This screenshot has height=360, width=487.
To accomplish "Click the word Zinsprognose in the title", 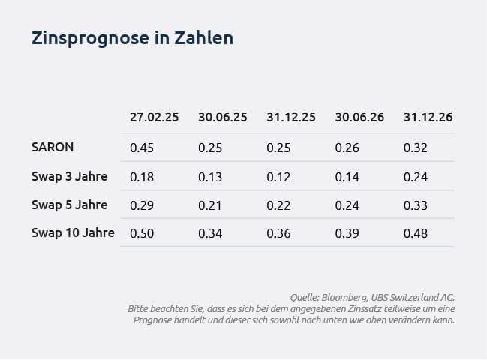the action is pyautogui.click(x=90, y=38).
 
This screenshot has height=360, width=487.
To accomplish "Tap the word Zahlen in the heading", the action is pyautogui.click(x=204, y=37).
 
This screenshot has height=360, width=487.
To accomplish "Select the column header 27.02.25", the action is pyautogui.click(x=155, y=117).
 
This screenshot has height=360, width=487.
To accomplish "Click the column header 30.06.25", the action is pyautogui.click(x=223, y=117).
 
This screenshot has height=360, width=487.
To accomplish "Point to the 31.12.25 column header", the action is pyautogui.click(x=291, y=117).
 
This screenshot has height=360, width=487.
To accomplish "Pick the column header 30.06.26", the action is pyautogui.click(x=359, y=117).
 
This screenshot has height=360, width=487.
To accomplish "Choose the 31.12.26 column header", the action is pyautogui.click(x=428, y=117).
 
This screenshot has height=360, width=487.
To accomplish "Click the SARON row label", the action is pyautogui.click(x=53, y=147).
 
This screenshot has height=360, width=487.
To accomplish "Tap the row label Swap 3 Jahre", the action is pyautogui.click(x=69, y=176).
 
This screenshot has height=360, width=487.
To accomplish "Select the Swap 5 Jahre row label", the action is pyautogui.click(x=69, y=205).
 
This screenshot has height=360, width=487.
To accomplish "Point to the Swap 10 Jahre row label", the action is pyautogui.click(x=73, y=232).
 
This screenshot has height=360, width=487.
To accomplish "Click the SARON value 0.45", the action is pyautogui.click(x=142, y=148).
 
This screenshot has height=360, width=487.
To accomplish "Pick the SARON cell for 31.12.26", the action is pyautogui.click(x=416, y=148).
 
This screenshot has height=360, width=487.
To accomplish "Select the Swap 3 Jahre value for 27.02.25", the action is pyautogui.click(x=142, y=177).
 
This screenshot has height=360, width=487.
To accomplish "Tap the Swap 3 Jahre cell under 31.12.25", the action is pyautogui.click(x=278, y=177).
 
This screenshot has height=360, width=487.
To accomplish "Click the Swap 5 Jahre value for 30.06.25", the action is pyautogui.click(x=210, y=205).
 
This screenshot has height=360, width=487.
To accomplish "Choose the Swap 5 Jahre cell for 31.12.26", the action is pyautogui.click(x=416, y=205).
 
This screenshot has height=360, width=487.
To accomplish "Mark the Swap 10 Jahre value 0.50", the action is pyautogui.click(x=142, y=233).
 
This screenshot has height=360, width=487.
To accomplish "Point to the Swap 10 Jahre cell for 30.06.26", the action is pyautogui.click(x=347, y=233).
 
